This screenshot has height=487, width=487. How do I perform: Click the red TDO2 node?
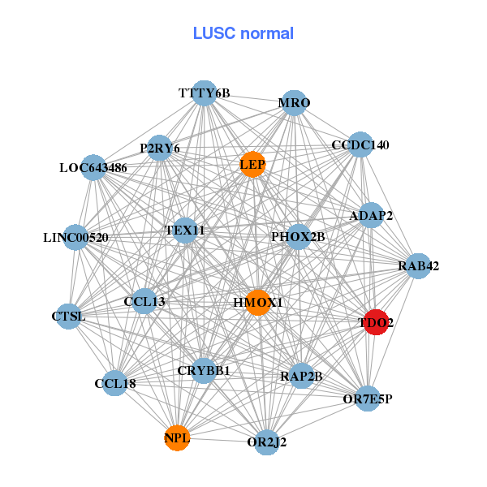point(375,321)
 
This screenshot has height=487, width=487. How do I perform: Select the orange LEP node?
point(252,164)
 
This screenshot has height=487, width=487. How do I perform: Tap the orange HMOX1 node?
point(257,302)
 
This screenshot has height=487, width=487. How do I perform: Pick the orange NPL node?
point(177,438)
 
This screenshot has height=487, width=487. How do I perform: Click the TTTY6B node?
point(205,93)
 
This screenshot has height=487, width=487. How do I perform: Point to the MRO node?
point(294,102)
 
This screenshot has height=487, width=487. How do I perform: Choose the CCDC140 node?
point(360,145)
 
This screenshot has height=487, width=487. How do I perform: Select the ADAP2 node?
point(371,215)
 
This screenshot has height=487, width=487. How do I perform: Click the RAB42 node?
point(418,265)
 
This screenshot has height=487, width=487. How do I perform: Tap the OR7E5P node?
point(368,399)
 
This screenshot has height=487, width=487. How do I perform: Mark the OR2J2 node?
point(266,442)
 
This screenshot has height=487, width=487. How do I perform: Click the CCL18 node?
point(114,383)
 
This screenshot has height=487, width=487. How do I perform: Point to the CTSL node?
point(69,315)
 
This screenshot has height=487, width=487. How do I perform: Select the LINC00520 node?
point(75,238)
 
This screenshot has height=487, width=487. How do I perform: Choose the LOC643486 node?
point(93,168)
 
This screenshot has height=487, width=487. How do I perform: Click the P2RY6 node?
point(160,149)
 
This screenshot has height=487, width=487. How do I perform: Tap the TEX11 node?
point(185,231)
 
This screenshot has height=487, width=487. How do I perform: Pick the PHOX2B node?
point(298,237)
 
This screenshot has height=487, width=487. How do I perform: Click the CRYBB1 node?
point(204,370)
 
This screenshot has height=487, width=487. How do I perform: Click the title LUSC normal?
point(243,33)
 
